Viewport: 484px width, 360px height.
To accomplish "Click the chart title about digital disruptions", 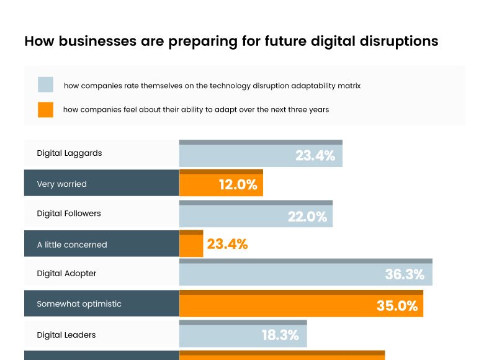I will click(231, 41).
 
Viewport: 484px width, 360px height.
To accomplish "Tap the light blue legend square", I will click(45, 85).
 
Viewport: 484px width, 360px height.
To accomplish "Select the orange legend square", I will click(45, 109).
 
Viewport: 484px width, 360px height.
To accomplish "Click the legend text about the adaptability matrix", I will click(212, 86).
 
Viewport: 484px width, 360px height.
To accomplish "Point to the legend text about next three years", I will click(195, 109).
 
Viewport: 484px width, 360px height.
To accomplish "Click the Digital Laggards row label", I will click(69, 153).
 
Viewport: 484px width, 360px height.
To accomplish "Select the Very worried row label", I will click(61, 184).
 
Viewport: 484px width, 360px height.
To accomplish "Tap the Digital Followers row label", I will click(68, 213).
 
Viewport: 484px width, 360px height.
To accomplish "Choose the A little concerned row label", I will click(71, 245).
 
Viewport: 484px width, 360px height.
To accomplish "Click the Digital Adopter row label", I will click(66, 273).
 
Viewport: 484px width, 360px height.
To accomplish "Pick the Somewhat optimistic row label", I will click(79, 304).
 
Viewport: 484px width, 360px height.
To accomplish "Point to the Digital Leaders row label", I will click(66, 335).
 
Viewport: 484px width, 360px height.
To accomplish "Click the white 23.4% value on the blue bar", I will click(315, 156).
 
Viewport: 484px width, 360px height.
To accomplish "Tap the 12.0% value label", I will click(238, 184).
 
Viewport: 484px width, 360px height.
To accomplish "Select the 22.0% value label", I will click(307, 217).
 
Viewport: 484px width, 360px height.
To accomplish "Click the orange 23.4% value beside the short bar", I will click(227, 245).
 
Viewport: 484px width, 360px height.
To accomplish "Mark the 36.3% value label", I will click(405, 274).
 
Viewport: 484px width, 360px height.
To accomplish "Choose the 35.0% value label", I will click(397, 305).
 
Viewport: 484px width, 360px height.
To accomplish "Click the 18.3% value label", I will click(280, 335).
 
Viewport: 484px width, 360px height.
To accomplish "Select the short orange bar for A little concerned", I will click(191, 245).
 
